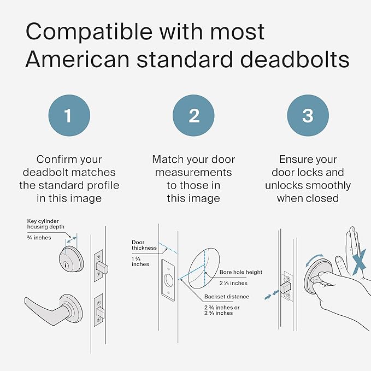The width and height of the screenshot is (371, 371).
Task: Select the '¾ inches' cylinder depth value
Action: coord(39,237)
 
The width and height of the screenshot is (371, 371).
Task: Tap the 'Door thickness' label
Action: coord(144,245)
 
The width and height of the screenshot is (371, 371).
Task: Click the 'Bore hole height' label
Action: coord(241,272)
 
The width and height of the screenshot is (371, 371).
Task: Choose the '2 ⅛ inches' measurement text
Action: coord(233,283)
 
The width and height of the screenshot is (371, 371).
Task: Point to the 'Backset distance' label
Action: coord(227,297)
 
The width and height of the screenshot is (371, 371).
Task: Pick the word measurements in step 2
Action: coord(193,173)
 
